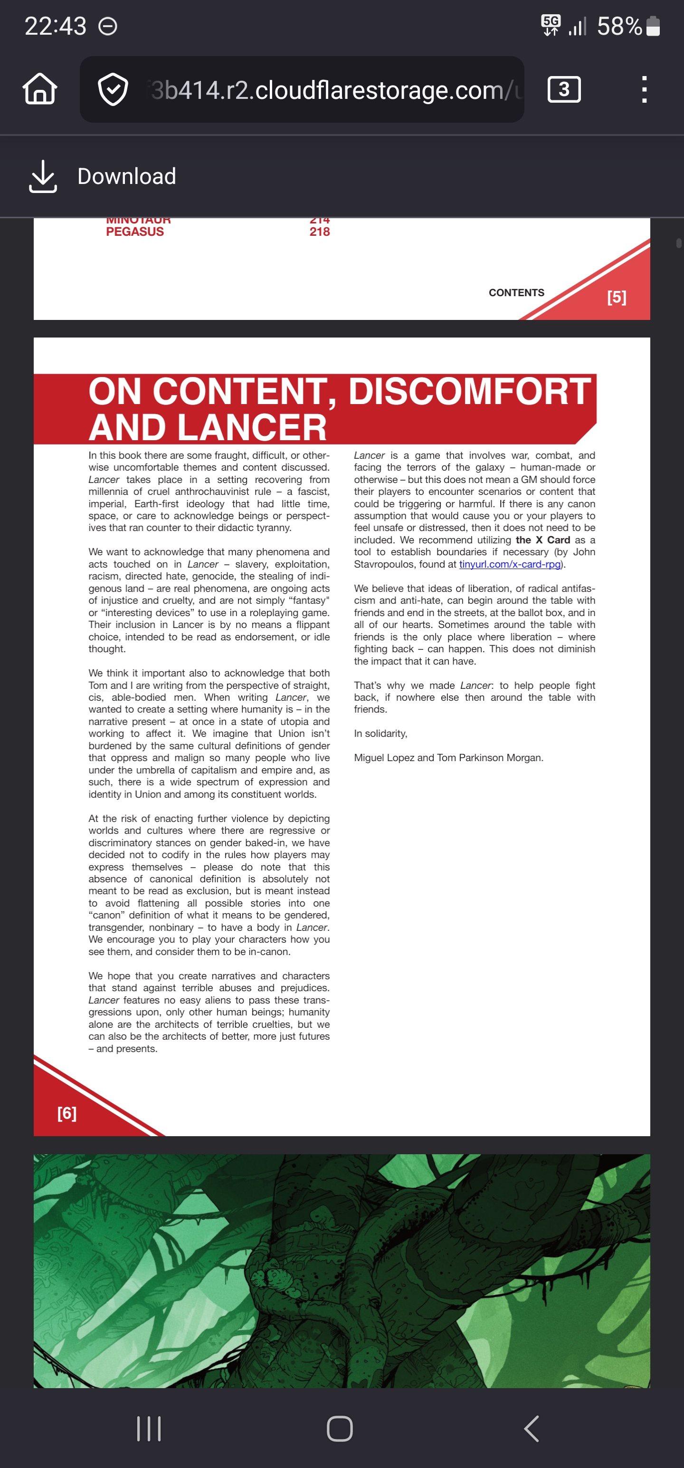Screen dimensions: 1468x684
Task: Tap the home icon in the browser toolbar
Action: click(x=40, y=89)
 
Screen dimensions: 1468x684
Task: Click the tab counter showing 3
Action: click(x=564, y=89)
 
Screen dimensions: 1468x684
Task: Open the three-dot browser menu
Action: click(x=644, y=89)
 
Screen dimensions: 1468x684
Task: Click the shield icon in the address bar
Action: click(x=113, y=89)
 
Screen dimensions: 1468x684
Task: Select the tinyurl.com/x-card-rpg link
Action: click(x=510, y=564)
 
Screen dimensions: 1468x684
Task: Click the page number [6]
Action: click(x=66, y=1113)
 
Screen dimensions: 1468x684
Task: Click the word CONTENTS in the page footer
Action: click(x=516, y=292)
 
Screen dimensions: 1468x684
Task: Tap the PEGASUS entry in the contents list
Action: click(x=135, y=232)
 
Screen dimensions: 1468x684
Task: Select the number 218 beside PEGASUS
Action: click(x=320, y=232)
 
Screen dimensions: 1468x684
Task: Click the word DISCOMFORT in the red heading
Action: click(x=469, y=392)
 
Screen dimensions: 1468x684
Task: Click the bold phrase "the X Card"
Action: click(x=542, y=540)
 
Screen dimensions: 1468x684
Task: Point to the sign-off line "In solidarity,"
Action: click(x=380, y=734)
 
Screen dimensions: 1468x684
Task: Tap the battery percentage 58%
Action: click(x=619, y=26)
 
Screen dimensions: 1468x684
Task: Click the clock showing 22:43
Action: click(x=55, y=26)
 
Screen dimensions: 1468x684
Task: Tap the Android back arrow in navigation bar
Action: click(x=531, y=1429)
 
